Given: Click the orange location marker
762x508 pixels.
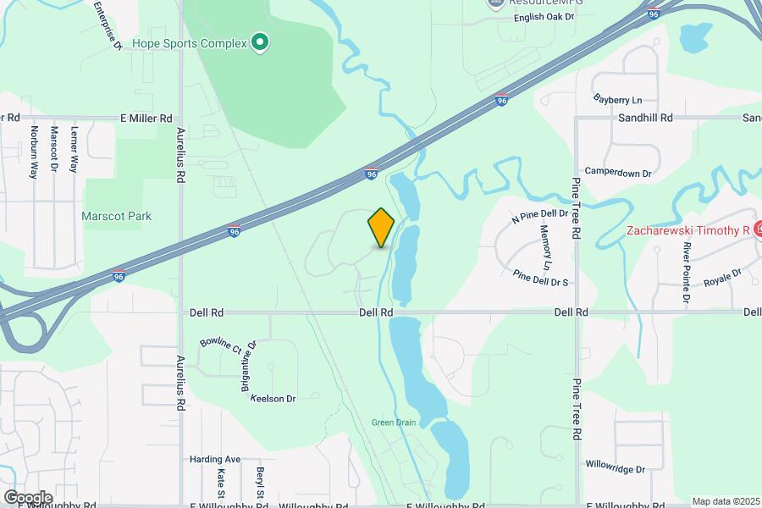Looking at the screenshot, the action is point(381,228).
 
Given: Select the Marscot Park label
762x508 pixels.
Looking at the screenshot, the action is point(117,216).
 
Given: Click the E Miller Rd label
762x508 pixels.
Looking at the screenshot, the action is point(146,118).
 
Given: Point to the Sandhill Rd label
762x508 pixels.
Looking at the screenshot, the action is point(645,118).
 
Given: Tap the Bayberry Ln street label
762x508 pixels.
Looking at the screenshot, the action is point(618,99).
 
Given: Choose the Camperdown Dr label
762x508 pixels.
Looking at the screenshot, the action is point(618,172).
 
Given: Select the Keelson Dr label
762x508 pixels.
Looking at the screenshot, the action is point(273,398).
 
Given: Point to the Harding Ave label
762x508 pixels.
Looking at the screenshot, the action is point(215,459).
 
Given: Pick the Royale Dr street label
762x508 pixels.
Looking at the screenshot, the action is point(722,277).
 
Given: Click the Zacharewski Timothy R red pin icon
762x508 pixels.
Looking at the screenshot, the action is point(758,228).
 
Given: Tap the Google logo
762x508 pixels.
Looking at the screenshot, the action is point(27,497).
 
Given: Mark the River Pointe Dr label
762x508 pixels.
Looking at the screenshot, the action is point(684,271).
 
